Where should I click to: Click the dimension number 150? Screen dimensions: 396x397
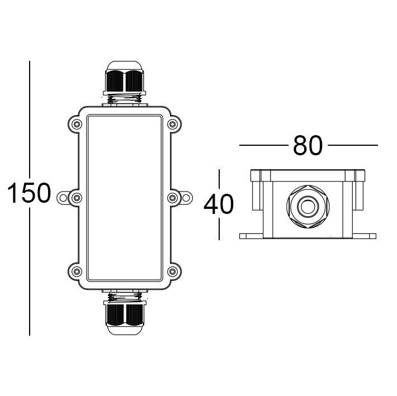(29, 193)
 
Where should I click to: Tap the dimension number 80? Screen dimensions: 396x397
(308, 146)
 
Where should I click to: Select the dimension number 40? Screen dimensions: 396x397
(219, 204)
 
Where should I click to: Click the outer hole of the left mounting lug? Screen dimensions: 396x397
(63, 197)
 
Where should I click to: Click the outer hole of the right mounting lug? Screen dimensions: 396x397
(186, 197)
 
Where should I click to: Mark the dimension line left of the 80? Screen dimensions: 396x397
(263, 146)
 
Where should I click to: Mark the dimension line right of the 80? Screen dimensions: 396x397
(353, 146)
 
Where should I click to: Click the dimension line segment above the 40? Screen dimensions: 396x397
(219, 180)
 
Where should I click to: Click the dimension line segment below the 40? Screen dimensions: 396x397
(219, 228)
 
